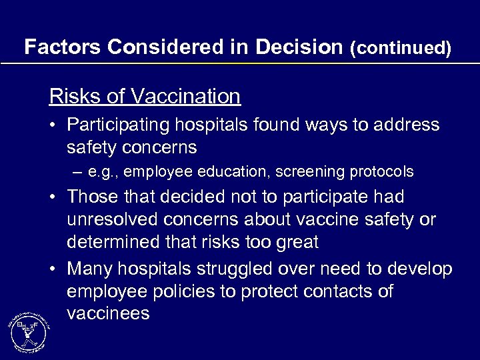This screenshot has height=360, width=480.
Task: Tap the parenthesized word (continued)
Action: [400, 48]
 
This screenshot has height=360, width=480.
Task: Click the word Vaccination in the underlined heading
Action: [186, 97]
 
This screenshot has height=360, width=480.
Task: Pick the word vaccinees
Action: [108, 314]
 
